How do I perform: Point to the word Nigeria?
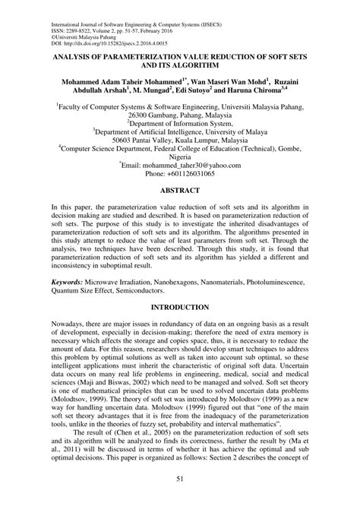tap(179, 170)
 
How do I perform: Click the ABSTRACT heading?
tap(179, 215)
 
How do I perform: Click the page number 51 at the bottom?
tap(180, 498)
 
